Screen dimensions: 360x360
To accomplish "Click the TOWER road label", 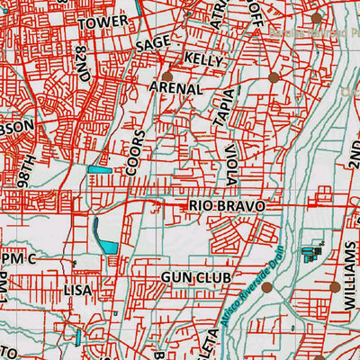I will tap(104, 21).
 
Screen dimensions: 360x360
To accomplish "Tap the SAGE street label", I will tap(153, 43).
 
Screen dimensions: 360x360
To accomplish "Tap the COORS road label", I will tap(135, 153).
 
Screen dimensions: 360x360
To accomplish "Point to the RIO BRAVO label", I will tap(228, 206).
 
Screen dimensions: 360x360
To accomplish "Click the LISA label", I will tap(78, 291).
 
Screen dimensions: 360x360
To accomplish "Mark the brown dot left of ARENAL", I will tap(167, 77).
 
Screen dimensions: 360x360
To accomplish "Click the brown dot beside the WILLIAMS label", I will tap(335, 287).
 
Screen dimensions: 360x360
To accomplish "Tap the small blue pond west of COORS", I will tap(100, 168).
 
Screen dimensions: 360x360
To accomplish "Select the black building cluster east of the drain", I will tap(314, 251).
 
